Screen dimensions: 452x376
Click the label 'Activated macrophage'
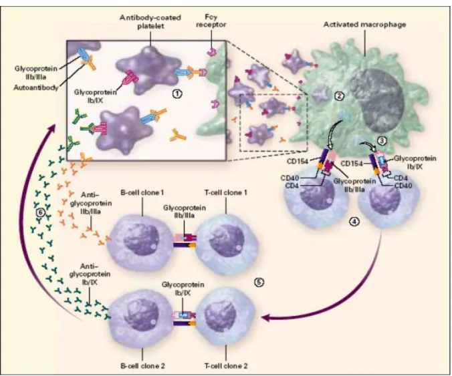click(364, 25)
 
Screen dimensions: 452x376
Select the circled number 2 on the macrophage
click(339, 96)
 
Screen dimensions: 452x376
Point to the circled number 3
click(382, 140)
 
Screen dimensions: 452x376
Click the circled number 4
click(354, 221)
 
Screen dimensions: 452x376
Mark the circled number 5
click(259, 282)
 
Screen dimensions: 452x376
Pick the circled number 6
click(41, 212)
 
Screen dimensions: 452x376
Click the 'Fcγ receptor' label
click(211, 21)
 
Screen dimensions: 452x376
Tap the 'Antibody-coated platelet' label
click(150, 21)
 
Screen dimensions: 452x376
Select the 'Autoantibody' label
click(35, 87)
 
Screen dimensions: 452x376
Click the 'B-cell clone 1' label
click(142, 192)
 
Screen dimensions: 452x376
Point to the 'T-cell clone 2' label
click(226, 365)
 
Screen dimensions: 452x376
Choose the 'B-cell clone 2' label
click(142, 365)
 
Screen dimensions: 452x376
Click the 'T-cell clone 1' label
click(226, 192)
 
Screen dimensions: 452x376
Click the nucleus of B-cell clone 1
click(141, 241)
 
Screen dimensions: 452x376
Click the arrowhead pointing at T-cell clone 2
click(267, 317)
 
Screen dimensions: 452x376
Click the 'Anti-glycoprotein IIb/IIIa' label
click(91, 203)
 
